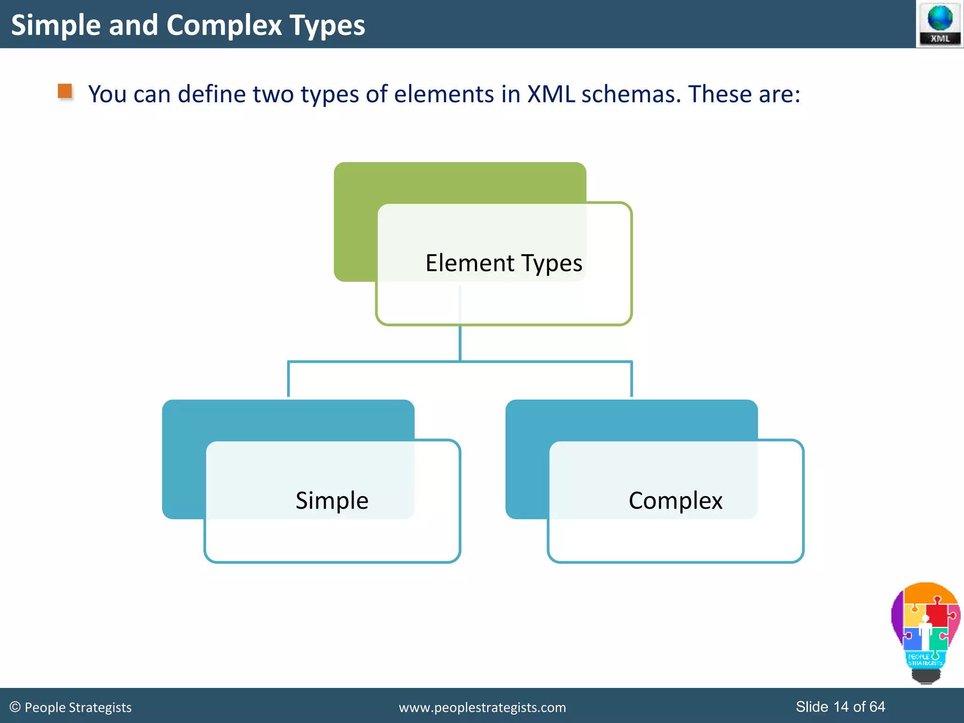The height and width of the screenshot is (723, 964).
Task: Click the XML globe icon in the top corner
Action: (x=940, y=24)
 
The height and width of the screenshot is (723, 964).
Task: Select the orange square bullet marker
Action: (x=65, y=91)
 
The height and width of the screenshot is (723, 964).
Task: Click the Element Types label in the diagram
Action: (x=504, y=263)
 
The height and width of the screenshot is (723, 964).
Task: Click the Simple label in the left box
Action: (x=332, y=500)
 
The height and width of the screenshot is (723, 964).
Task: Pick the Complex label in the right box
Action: (x=675, y=500)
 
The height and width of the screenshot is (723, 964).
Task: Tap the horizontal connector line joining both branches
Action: (x=377, y=361)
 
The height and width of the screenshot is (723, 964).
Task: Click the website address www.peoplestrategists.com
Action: (x=482, y=707)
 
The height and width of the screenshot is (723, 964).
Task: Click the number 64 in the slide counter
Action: (x=877, y=707)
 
